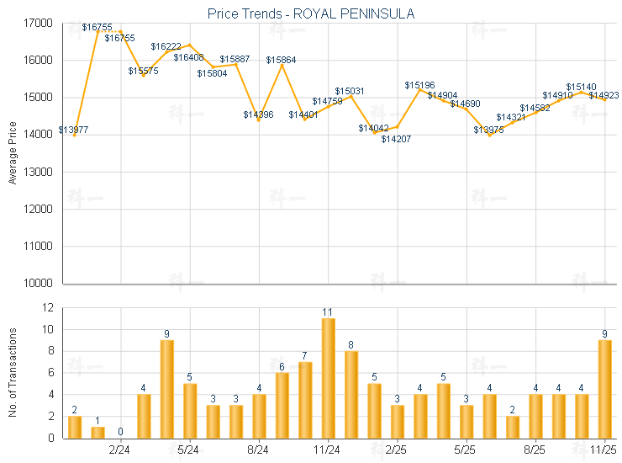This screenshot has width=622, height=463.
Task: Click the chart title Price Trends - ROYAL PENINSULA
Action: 310,13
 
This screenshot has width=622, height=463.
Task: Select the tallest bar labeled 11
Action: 328,378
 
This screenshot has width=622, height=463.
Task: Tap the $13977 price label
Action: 73,130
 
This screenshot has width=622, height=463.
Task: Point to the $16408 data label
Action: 188,57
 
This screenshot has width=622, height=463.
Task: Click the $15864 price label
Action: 281,60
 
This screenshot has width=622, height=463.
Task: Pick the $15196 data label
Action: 419,85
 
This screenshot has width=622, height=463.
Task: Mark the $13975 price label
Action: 488,130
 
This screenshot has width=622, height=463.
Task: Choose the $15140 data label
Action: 581,87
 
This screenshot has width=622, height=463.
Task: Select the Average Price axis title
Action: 13,153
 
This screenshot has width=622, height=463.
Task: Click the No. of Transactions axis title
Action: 13,372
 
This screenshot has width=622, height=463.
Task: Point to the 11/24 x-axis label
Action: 328,450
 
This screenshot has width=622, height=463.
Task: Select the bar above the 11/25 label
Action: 604,389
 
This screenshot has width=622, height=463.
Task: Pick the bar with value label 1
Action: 98,432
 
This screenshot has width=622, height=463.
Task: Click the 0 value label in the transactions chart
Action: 120,432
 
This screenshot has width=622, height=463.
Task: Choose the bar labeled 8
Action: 351,394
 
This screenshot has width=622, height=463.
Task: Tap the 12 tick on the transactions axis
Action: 47,308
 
